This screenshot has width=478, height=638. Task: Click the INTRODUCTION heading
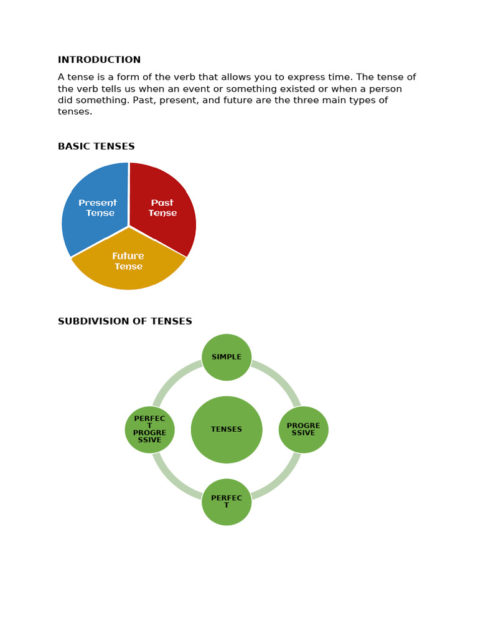99,60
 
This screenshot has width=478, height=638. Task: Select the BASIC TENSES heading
96,146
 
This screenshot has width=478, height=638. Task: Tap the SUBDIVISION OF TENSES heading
124,321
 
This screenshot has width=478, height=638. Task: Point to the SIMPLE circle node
227,357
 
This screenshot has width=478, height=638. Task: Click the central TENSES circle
227,429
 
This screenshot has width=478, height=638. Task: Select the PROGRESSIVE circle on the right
303,429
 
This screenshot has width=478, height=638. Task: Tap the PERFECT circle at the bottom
227,502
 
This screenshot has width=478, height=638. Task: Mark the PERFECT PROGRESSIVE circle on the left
149,429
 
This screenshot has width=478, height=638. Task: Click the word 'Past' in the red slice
162,202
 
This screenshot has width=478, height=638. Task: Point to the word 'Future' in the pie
128,256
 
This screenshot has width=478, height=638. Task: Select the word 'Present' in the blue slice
98,202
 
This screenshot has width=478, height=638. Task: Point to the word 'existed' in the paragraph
332,89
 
